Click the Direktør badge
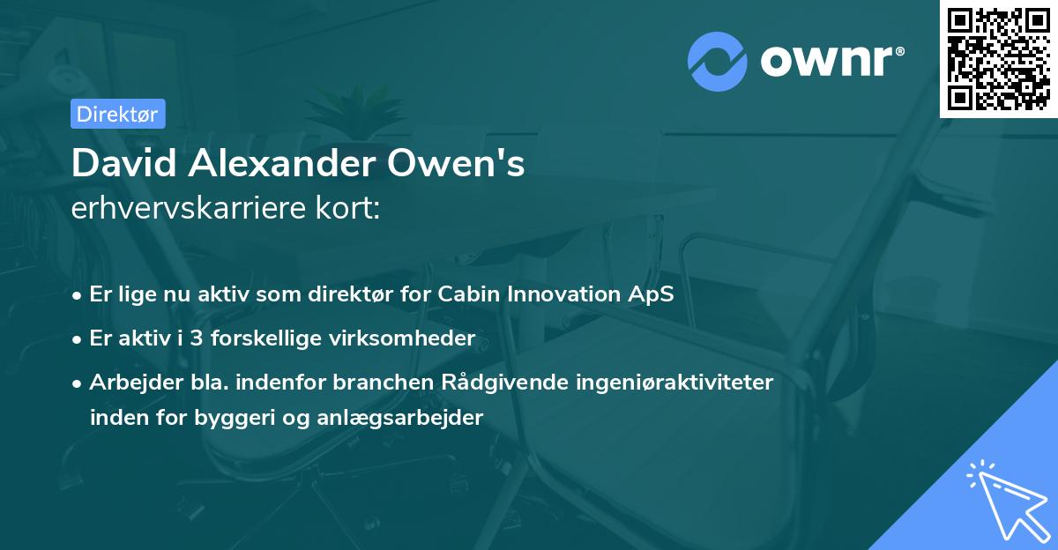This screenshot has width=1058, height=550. point(117,114)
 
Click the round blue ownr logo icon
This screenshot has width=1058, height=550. point(718,61)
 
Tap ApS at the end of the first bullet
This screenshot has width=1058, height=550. point(653,294)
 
